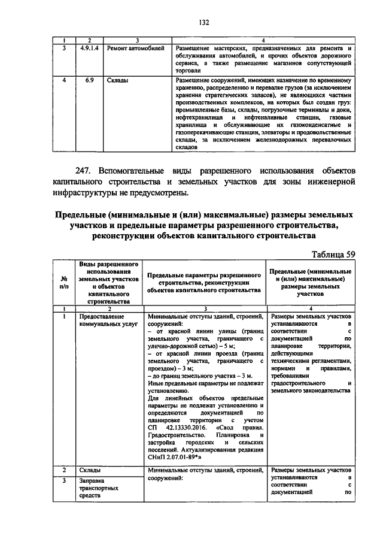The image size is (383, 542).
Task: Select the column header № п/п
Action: pyautogui.click(x=63, y=281)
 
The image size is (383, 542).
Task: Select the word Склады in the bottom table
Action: pyautogui.click(x=90, y=470)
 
